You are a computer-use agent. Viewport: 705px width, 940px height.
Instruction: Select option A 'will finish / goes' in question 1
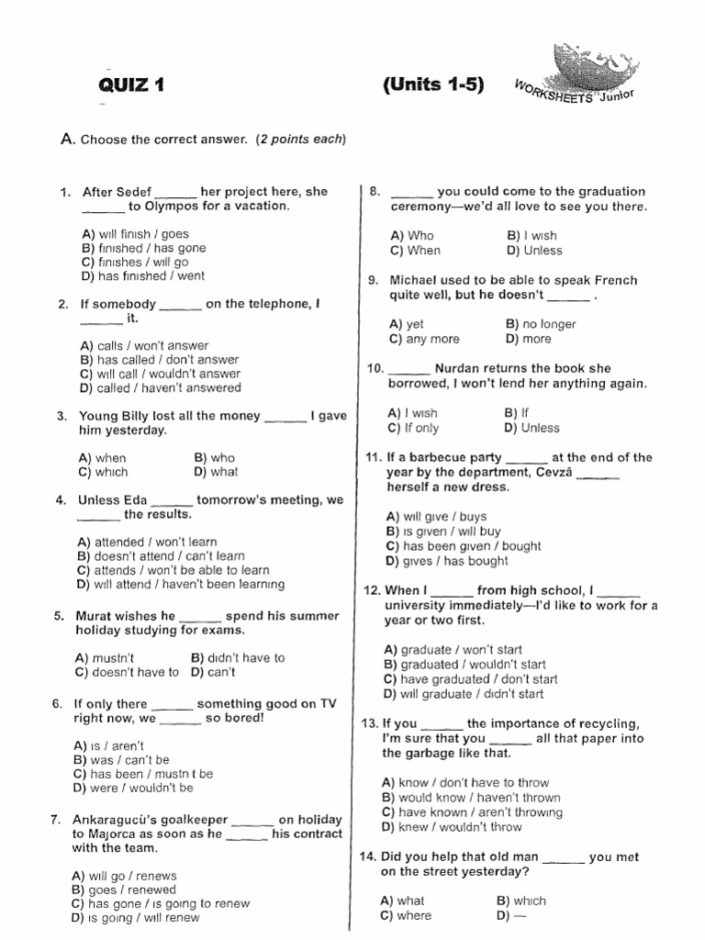135,234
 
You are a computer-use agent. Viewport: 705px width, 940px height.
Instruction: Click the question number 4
61,500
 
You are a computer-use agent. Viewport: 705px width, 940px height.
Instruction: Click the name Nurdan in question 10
459,369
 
